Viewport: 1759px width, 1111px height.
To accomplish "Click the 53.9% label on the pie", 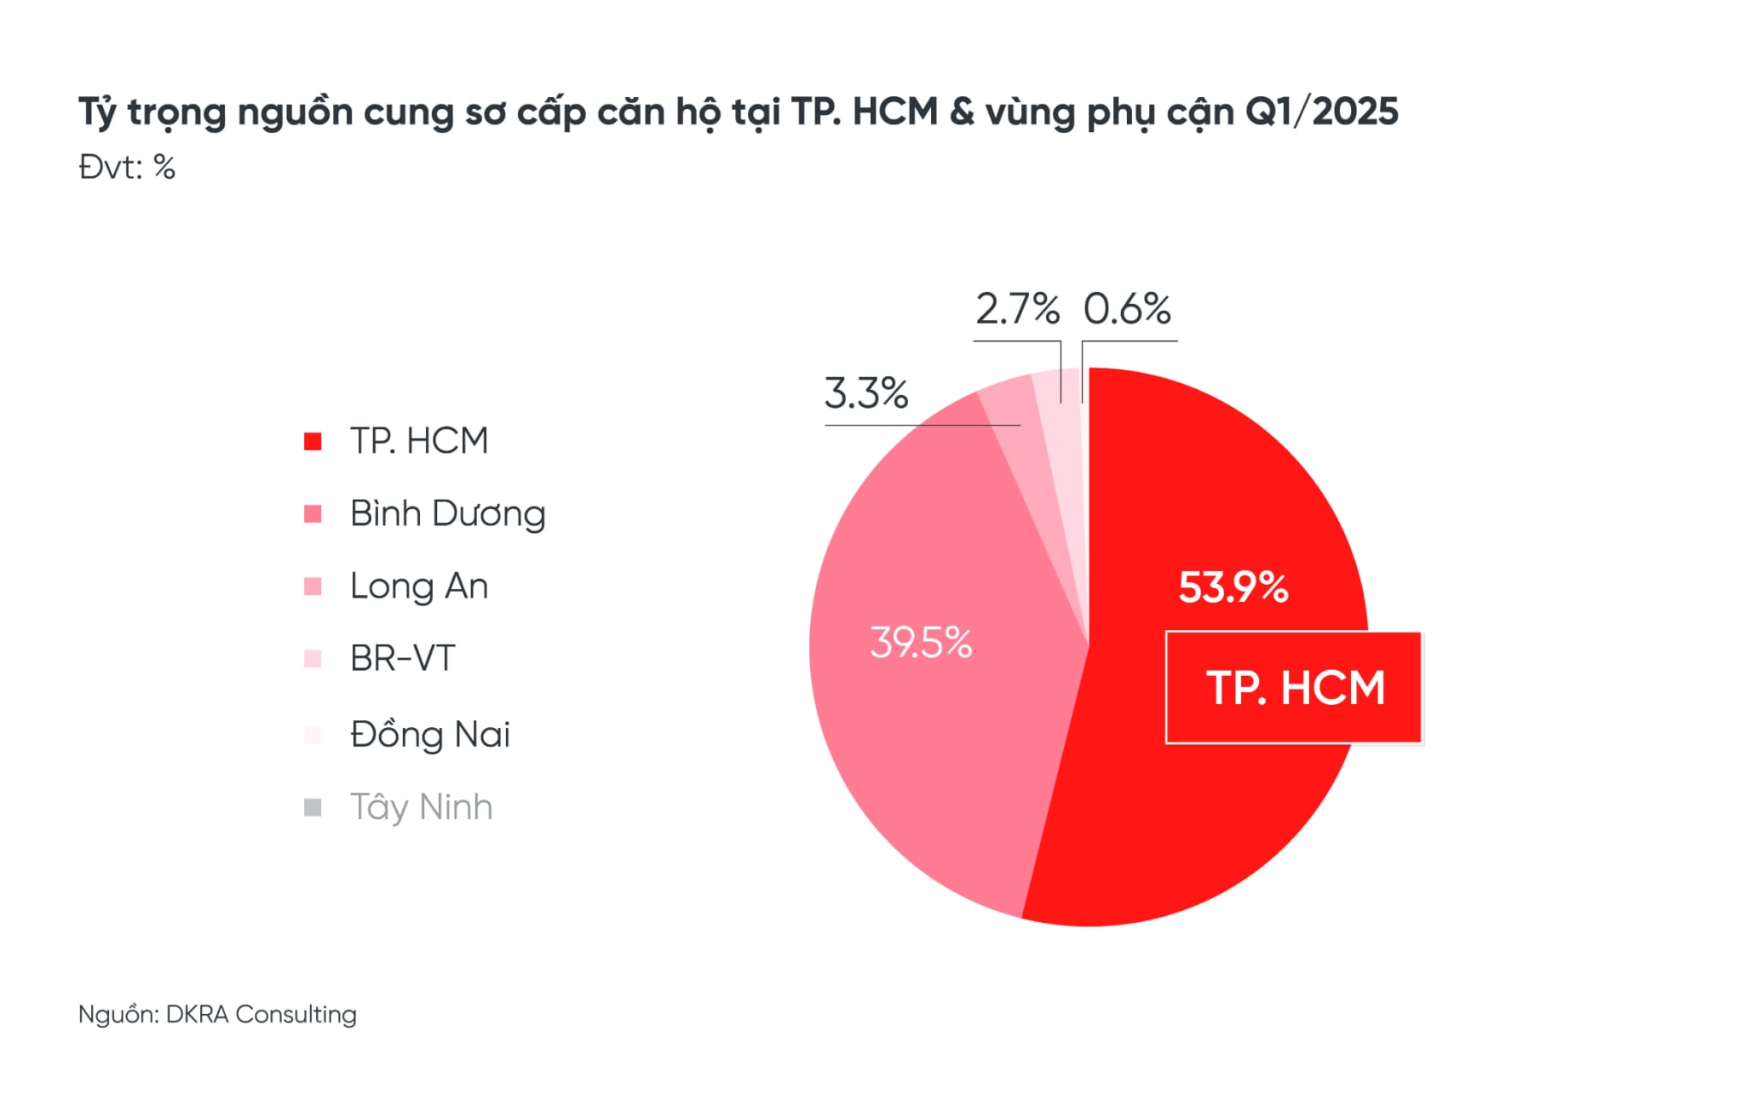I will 1233,588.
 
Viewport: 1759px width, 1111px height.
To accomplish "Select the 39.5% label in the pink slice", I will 921,643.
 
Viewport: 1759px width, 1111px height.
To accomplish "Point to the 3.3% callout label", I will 866,393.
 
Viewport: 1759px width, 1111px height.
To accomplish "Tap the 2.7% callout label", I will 1017,309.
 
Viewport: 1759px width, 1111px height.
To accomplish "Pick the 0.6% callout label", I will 1127,309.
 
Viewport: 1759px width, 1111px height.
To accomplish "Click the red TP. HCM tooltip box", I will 1293,688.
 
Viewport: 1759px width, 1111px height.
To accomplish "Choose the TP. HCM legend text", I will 419,441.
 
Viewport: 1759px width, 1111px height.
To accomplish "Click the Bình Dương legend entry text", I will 447,513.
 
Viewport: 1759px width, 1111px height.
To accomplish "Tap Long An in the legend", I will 419,586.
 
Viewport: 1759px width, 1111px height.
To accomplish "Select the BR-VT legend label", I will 402,659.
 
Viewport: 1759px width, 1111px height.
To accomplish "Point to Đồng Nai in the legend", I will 429,734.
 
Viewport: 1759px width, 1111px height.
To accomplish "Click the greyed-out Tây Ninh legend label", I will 421,807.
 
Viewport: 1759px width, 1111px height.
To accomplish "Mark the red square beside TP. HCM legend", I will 313,441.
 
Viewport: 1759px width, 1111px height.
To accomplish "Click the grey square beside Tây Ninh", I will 313,807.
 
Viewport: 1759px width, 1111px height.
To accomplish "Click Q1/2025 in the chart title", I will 1321,112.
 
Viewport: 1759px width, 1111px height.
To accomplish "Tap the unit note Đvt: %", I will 127,167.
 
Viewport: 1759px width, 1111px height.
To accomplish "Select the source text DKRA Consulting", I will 261,1014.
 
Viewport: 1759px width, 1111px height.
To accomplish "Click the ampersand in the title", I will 962,112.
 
